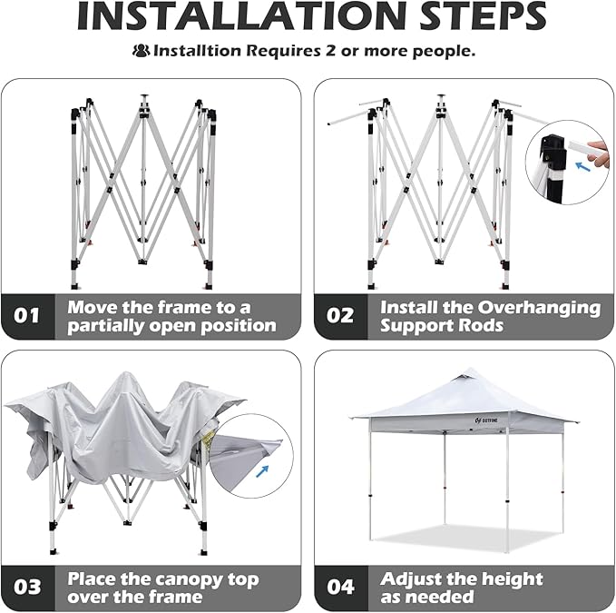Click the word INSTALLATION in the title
[240, 16]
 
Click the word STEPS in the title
[484, 16]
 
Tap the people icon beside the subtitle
[141, 51]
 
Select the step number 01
[26, 315]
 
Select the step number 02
[340, 315]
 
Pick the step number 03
[27, 587]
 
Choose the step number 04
[340, 587]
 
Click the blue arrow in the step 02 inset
[583, 166]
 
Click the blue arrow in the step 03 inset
[262, 471]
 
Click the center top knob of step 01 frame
[144, 95]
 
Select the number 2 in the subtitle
[331, 51]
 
